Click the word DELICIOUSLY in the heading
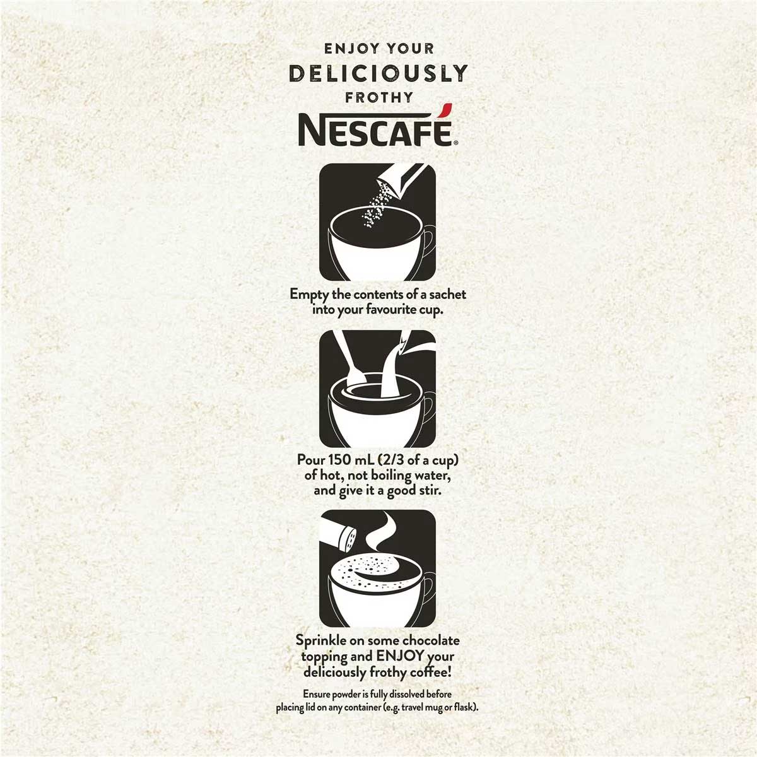click(x=378, y=73)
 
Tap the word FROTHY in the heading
click(x=373, y=97)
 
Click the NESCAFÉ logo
click(x=377, y=126)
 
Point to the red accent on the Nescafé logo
click(x=445, y=110)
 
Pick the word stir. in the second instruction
click(x=428, y=491)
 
